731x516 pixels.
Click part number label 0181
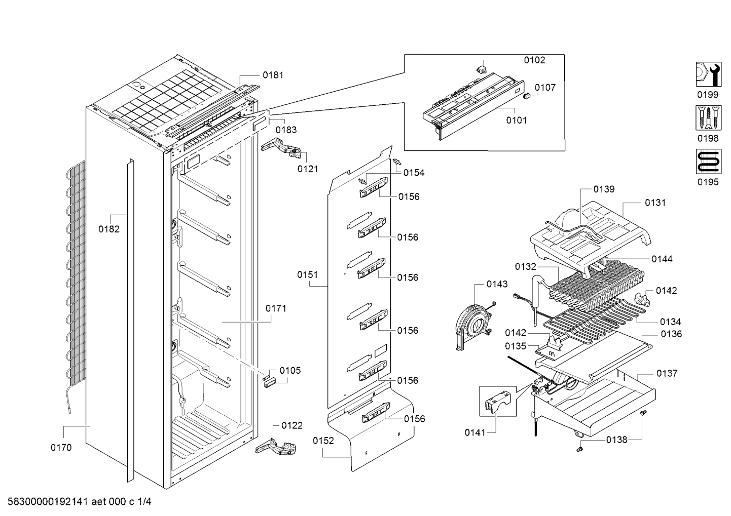pos(273,75)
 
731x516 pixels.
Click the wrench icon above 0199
pos(708,74)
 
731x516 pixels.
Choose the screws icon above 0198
pos(708,118)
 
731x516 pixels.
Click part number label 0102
pos(534,60)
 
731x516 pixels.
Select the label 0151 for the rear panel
pos(308,274)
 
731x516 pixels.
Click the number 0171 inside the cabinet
pos(276,308)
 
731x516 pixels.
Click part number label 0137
pos(667,373)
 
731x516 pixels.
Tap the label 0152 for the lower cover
pos(323,441)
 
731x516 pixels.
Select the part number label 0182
pos(109,229)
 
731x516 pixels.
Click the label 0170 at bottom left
pos(61,447)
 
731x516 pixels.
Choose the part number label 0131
pos(655,203)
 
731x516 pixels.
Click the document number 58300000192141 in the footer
pos(46,502)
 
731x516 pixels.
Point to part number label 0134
pos(670,322)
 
